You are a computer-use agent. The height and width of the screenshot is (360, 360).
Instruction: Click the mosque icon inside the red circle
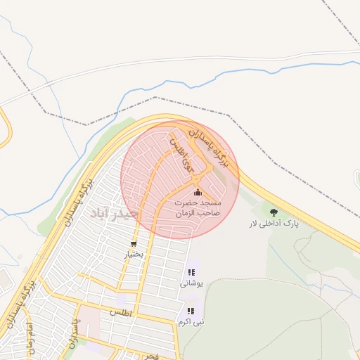(198, 193)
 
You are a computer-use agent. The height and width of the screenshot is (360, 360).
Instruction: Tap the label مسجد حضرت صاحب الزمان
(198, 207)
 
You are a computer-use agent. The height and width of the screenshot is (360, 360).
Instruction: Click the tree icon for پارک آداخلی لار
(274, 212)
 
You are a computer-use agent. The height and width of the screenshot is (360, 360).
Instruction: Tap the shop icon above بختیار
(132, 245)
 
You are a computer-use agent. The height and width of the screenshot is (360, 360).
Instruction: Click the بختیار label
(134, 255)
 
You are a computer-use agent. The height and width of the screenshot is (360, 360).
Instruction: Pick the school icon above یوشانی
(191, 272)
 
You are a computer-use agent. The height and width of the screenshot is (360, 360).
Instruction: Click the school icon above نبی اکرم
(191, 311)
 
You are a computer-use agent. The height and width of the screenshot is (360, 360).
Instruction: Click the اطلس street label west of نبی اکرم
(122, 311)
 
